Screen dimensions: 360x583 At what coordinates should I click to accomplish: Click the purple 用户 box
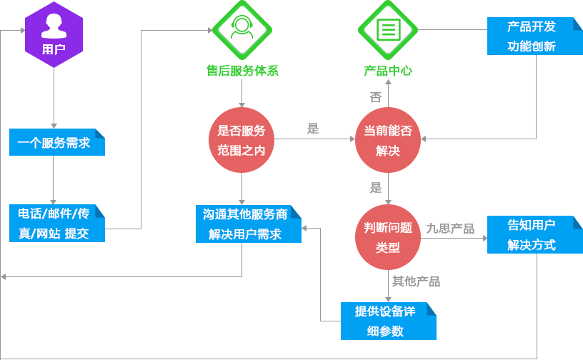(x=54, y=34)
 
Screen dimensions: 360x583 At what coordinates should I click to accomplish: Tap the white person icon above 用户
(x=54, y=26)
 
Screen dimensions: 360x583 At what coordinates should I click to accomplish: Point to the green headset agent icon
(x=242, y=29)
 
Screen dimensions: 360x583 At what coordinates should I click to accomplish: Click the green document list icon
(x=388, y=29)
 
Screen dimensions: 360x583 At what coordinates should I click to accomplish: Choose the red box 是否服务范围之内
(x=241, y=140)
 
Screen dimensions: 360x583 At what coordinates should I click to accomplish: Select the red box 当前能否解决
(x=388, y=140)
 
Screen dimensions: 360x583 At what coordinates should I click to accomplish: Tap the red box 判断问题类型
(x=388, y=237)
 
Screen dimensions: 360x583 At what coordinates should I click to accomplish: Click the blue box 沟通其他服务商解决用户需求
(x=248, y=224)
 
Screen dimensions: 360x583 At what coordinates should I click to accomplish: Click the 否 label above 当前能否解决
(x=375, y=97)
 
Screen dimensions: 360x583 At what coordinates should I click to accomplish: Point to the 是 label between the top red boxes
(x=313, y=129)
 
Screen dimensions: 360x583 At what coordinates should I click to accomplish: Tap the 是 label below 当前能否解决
(x=376, y=189)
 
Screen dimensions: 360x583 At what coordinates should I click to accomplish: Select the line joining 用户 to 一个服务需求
(x=54, y=96)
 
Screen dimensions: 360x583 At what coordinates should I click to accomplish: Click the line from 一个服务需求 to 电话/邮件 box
(x=54, y=179)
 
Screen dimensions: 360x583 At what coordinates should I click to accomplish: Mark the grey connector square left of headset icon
(x=210, y=30)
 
